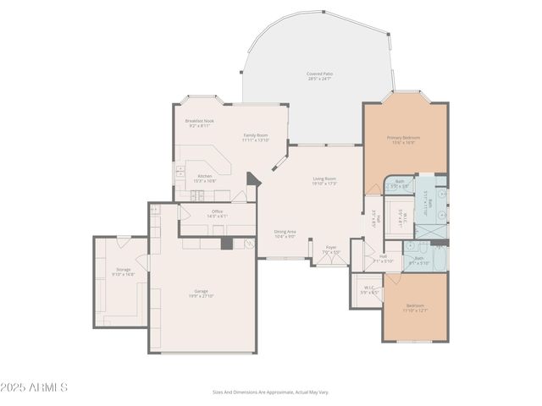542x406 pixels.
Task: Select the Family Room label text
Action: [256, 137]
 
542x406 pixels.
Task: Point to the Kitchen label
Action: [206, 178]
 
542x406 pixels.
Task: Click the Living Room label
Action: [324, 181]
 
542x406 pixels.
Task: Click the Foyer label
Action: [331, 250]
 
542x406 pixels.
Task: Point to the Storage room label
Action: [124, 272]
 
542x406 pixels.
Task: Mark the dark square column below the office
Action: [226, 244]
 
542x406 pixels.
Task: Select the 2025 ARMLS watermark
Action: [35, 387]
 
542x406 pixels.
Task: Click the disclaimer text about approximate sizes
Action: [270, 392]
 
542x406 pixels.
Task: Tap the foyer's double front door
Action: [331, 264]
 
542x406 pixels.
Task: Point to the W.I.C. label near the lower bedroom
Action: [369, 289]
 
